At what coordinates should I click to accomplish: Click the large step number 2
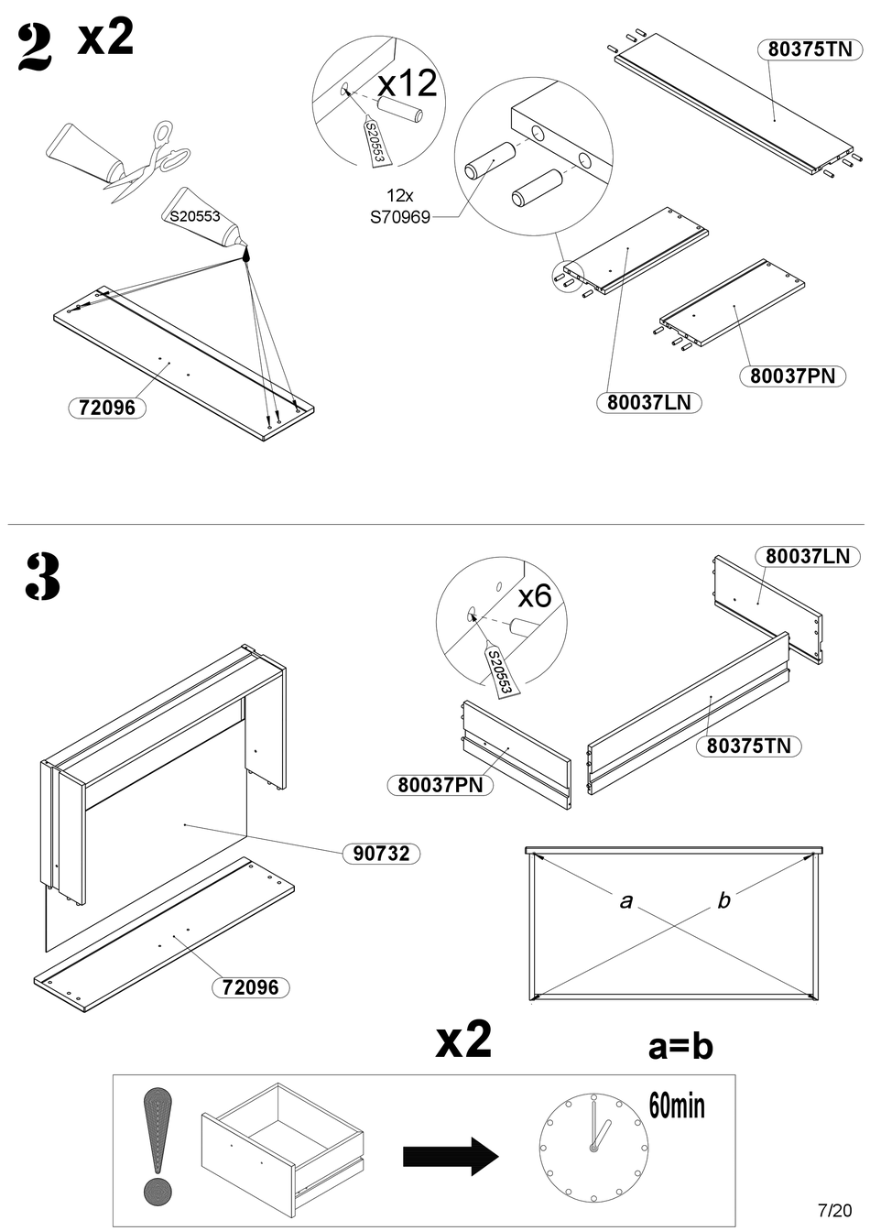click(35, 48)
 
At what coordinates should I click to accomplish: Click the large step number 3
click(41, 576)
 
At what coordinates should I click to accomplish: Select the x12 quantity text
click(408, 83)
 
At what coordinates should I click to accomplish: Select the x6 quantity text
click(535, 596)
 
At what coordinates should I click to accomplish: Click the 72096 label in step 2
click(107, 408)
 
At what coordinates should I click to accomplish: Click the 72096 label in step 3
click(251, 987)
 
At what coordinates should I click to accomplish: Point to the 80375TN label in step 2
click(810, 49)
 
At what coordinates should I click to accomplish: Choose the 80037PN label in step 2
click(792, 376)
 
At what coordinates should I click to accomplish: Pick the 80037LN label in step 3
click(807, 556)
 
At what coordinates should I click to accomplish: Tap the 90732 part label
click(381, 854)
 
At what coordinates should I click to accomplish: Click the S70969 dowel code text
click(399, 218)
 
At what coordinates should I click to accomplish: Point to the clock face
click(594, 1149)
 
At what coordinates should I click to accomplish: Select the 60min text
click(677, 1105)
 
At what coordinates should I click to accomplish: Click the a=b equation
click(680, 1046)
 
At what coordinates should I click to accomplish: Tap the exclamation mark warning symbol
click(160, 1145)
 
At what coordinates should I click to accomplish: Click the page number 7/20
click(828, 1210)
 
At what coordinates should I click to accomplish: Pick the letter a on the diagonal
click(626, 901)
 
